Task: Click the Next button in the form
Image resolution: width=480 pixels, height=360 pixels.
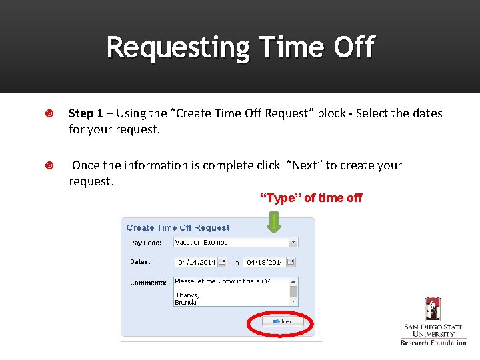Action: click(x=283, y=321)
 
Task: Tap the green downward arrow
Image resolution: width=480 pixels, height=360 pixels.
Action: click(x=273, y=223)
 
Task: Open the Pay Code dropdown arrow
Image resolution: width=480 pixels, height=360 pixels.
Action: click(x=293, y=242)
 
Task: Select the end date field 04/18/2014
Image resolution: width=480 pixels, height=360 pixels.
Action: click(x=265, y=263)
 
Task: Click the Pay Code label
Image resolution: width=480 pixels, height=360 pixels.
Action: click(x=145, y=243)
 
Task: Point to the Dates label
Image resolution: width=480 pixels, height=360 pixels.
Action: click(x=140, y=262)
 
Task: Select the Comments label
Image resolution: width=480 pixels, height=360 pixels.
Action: click(x=148, y=283)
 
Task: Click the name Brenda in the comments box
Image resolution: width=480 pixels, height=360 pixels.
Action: click(x=186, y=302)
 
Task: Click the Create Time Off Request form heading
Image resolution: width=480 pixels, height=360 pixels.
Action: click(x=178, y=228)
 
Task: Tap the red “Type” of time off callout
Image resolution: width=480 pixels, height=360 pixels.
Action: click(x=311, y=198)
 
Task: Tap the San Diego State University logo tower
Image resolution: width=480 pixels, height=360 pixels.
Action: click(x=433, y=309)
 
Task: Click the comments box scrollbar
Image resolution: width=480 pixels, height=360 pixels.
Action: click(x=293, y=291)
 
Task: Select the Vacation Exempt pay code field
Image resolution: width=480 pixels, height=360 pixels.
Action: click(x=230, y=242)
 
